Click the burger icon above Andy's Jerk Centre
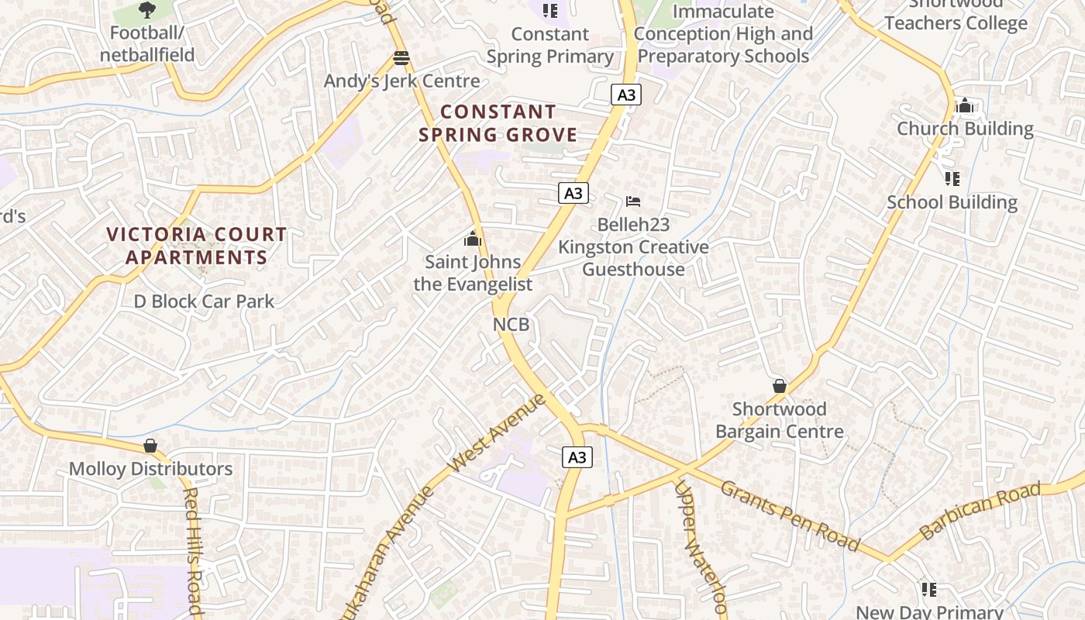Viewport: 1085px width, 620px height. [401, 57]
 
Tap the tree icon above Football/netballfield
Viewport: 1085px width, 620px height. [146, 10]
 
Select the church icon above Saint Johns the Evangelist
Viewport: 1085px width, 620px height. [473, 239]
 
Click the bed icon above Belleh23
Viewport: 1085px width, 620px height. [633, 201]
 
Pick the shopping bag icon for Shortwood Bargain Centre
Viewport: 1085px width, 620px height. [780, 386]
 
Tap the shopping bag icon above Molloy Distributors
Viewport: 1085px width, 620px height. [150, 446]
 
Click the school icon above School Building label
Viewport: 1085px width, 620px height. [952, 179]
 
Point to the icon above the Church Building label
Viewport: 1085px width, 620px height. [965, 105]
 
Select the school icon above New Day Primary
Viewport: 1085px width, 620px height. [929, 590]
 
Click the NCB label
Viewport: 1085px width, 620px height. [511, 324]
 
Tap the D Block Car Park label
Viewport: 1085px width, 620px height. [204, 301]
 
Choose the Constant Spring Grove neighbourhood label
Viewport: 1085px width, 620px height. [498, 123]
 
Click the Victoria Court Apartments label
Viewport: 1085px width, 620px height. [197, 246]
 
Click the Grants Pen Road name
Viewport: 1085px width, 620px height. [789, 515]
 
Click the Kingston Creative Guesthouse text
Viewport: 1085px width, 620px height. [633, 258]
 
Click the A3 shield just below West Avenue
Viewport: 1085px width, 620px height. [577, 457]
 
